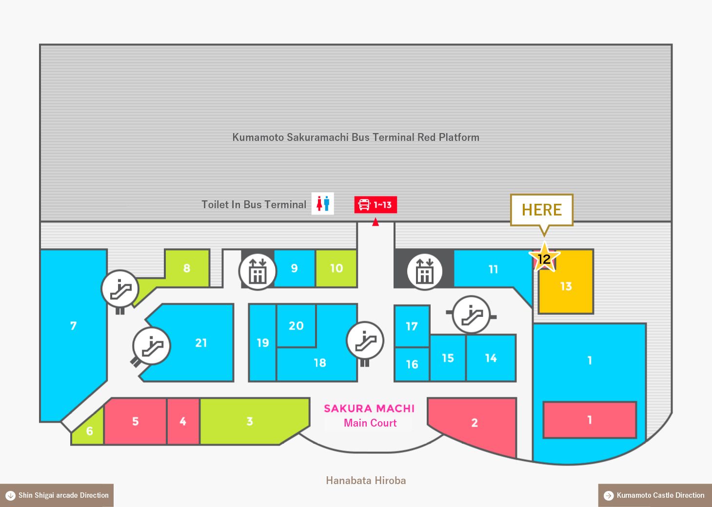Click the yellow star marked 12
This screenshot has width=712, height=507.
pyautogui.click(x=544, y=258)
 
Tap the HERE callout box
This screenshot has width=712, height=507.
pyautogui.click(x=542, y=210)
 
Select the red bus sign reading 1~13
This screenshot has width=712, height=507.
pyautogui.click(x=376, y=205)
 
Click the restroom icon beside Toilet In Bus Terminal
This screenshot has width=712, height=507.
pyautogui.click(x=323, y=203)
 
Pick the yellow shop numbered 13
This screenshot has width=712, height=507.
pyautogui.click(x=566, y=286)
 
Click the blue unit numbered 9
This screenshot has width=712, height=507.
pyautogui.click(x=295, y=268)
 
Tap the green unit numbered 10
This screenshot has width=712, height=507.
pyautogui.click(x=336, y=268)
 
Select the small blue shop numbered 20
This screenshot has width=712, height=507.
pyautogui.click(x=296, y=326)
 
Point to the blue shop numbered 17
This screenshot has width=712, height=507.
pyautogui.click(x=412, y=326)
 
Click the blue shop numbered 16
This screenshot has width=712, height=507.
pyautogui.click(x=412, y=364)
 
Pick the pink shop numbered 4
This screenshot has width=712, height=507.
pyautogui.click(x=183, y=421)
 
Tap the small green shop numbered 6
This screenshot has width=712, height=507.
pyautogui.click(x=89, y=429)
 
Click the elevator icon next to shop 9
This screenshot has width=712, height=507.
pyautogui.click(x=257, y=272)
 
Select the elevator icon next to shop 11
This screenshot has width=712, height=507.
pyautogui.click(x=425, y=272)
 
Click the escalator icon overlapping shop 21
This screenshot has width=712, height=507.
pyautogui.click(x=152, y=346)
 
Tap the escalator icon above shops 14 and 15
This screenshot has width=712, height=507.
pyautogui.click(x=472, y=314)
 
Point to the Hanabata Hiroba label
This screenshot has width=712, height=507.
pyautogui.click(x=366, y=480)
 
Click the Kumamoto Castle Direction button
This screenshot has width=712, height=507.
pyautogui.click(x=655, y=495)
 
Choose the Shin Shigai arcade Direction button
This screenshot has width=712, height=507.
pyautogui.click(x=57, y=495)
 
